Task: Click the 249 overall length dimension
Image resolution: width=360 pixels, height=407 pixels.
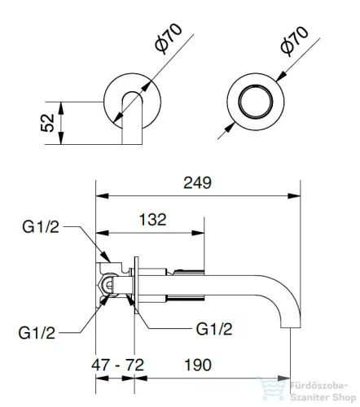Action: [197, 182]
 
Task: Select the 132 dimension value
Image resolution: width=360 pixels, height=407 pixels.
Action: [152, 220]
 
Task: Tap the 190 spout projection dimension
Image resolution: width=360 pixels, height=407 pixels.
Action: [198, 365]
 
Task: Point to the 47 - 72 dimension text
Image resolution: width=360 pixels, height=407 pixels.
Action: [117, 365]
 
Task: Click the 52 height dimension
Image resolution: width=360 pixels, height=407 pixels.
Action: [47, 123]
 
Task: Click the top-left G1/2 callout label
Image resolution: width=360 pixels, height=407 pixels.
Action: [41, 227]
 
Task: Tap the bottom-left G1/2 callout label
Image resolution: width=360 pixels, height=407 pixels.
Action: [37, 333]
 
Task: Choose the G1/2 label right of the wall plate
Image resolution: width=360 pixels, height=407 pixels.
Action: [214, 329]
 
